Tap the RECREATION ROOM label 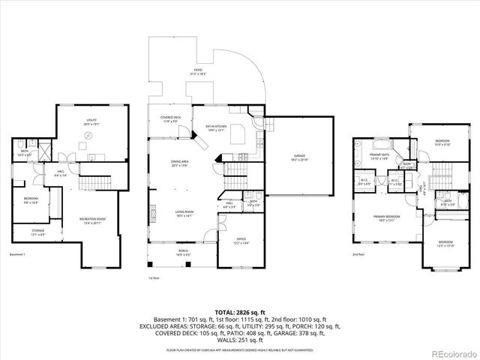point(93,220)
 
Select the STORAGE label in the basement point(38,232)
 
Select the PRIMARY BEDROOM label point(387,217)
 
